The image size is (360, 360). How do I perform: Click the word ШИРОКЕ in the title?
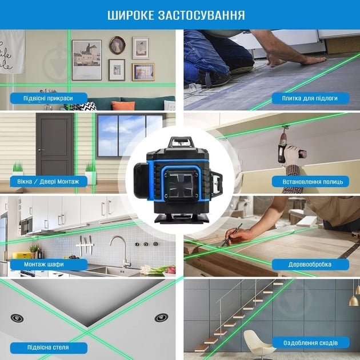[x=131, y=15]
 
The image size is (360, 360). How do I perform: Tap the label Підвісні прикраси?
[x=48, y=98]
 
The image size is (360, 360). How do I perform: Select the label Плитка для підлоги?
[x=310, y=98]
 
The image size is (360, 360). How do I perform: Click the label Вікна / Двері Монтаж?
[x=48, y=182]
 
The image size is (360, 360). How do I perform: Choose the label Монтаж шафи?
[x=44, y=264]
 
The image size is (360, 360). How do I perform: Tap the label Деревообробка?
[x=310, y=265]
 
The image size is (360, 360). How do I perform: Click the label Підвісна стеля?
[x=48, y=347]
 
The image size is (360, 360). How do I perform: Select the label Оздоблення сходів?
[x=310, y=343]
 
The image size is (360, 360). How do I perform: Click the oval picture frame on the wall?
[x=117, y=45]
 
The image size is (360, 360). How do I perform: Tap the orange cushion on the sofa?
[x=123, y=106]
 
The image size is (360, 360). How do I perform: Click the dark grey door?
[x=55, y=145]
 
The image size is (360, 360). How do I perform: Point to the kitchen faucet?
[x=121, y=250]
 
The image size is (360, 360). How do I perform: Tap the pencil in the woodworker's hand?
[x=232, y=235]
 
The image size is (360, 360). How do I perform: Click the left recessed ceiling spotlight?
[x=17, y=318]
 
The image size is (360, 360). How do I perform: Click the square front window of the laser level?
[x=181, y=186]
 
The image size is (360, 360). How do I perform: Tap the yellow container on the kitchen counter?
[x=22, y=255]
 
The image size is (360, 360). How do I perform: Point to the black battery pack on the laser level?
[x=141, y=181]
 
